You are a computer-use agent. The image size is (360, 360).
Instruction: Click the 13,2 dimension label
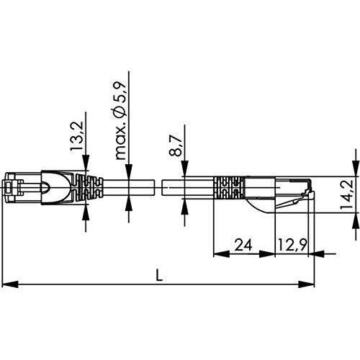(x=76, y=136)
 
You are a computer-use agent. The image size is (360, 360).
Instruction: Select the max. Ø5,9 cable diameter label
(x=120, y=120)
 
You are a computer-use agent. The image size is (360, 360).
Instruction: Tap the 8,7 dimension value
(x=175, y=145)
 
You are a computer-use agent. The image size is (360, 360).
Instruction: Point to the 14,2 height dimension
(x=346, y=194)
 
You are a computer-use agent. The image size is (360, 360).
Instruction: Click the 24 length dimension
(x=243, y=245)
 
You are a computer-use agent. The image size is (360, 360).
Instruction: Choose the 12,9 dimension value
(x=292, y=245)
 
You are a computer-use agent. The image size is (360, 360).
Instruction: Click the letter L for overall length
(x=159, y=275)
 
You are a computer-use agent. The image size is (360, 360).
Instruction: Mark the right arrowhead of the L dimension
(x=306, y=284)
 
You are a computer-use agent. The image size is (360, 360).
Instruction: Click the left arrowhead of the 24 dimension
(x=221, y=253)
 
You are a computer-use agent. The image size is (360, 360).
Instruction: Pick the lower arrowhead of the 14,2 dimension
(x=356, y=220)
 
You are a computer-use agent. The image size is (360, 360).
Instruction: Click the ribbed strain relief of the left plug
(x=89, y=187)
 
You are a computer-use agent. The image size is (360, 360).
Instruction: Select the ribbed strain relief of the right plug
(x=229, y=187)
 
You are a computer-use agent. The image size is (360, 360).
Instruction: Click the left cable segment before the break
(x=128, y=187)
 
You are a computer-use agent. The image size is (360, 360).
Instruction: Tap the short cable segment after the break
(x=188, y=187)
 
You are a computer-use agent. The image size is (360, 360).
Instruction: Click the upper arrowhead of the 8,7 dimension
(x=184, y=168)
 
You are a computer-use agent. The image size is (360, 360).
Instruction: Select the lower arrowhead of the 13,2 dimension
(x=86, y=212)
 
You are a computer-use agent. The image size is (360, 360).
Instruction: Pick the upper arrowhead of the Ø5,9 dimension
(x=129, y=171)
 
